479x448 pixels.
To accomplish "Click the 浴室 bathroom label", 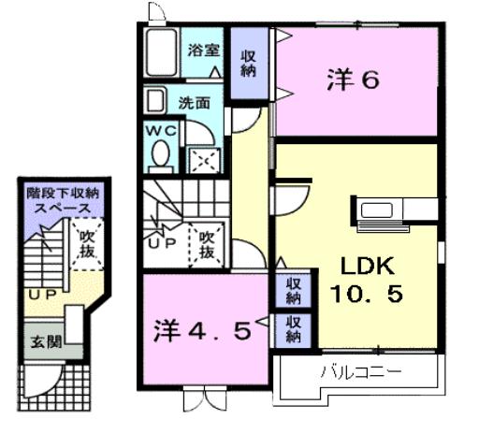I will [203, 51].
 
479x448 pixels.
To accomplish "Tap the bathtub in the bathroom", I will [163, 53].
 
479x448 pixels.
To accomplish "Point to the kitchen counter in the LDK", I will [382, 209].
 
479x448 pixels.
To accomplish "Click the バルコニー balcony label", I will [360, 372].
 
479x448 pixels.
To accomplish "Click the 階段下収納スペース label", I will [64, 199].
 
